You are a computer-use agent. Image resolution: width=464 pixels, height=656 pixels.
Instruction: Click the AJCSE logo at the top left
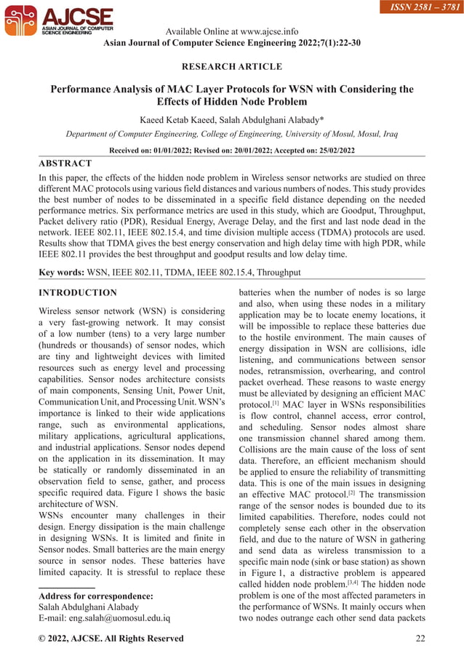click(x=58, y=22)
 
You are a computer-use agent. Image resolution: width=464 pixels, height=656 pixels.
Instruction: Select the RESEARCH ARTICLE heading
click(x=231, y=67)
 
